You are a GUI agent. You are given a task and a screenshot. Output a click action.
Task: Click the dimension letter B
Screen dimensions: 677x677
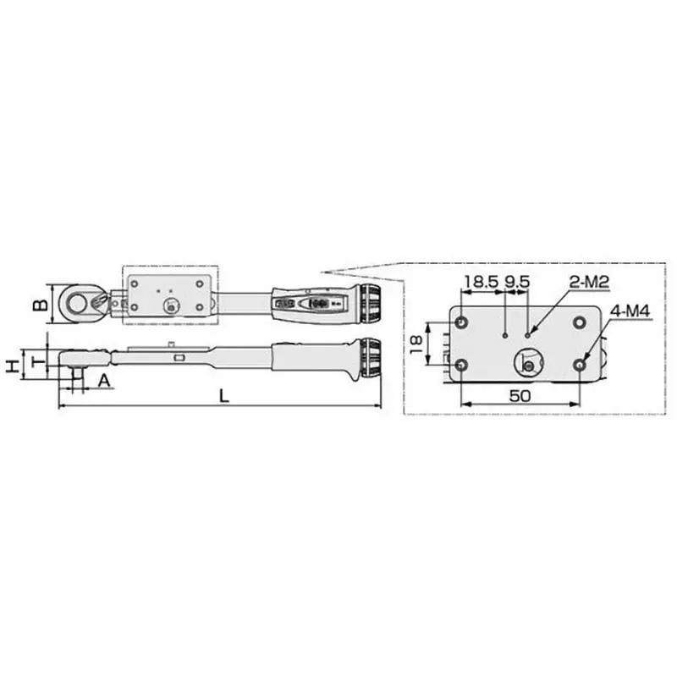coord(37,302)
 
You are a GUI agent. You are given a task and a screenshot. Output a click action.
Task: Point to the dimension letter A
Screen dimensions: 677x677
coord(103,381)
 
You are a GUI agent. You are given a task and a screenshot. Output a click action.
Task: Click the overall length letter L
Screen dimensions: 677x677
coord(222,395)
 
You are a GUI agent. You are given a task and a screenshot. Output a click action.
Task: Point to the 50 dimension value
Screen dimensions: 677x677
coord(520,394)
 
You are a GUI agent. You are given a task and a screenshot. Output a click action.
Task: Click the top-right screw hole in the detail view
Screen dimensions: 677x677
coord(579,322)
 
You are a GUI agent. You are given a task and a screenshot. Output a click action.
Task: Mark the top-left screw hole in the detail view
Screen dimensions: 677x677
coord(461,322)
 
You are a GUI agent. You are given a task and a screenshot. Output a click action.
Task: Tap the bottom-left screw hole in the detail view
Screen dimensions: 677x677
coord(461,364)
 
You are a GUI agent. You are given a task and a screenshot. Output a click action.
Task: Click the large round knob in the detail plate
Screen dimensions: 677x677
coord(529,363)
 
